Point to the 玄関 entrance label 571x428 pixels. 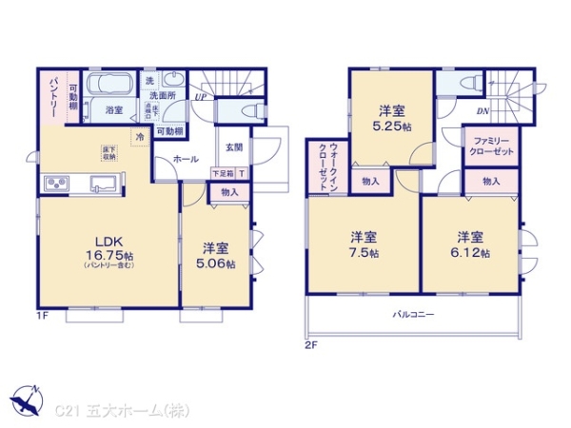pos(234,146)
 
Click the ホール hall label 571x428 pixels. pos(186,160)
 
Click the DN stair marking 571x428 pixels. pos(482,111)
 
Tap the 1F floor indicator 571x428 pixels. pos(43,315)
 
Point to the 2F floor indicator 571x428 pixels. pos(310,344)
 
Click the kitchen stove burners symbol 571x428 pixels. pos(54,183)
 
